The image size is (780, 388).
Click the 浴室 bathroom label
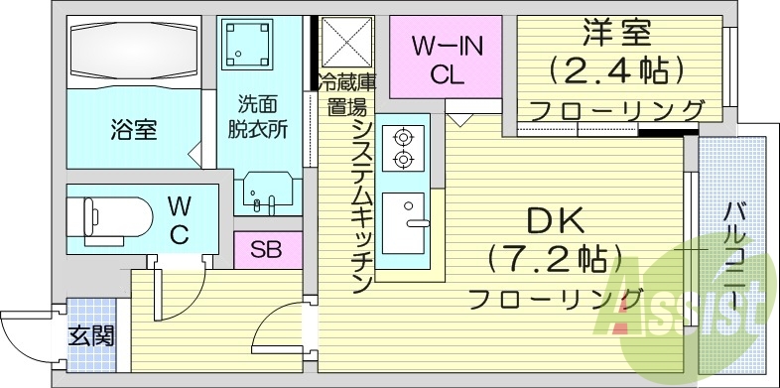click(x=133, y=129)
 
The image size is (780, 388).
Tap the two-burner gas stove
click(x=404, y=147)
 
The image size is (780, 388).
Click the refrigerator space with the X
click(x=346, y=43)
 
